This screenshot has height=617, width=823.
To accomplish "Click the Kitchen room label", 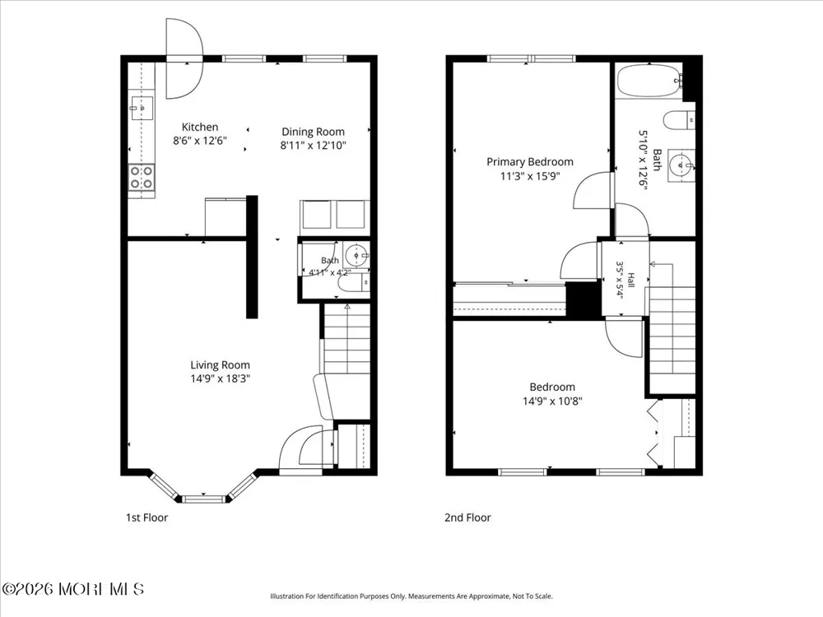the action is coord(199,127).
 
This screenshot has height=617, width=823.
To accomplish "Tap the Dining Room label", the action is coord(313,132).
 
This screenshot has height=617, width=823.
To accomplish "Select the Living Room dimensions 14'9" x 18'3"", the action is coord(220,378).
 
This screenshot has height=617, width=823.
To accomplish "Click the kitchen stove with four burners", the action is coord(142,178).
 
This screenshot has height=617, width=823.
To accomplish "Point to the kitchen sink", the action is coord(142,109).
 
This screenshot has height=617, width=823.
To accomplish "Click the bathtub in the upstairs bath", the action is coord(650,81).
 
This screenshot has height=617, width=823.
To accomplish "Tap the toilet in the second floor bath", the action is coord(679,120).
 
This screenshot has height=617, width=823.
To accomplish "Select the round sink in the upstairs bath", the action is coord(681,165).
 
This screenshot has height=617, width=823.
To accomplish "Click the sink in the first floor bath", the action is coord(358,256).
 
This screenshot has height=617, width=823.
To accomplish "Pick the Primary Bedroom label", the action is coord(529,161).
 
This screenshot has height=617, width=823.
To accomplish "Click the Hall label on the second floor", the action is coord(631,280).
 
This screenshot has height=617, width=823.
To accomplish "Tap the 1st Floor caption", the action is coord(146,517).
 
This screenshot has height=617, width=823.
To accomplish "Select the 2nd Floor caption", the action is coord(467,517).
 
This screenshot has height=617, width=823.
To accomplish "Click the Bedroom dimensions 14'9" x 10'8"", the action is coord(552,401).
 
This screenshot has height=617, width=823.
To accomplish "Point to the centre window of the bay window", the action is coord(204,499).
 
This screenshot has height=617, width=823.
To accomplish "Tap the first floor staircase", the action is coord(346,339).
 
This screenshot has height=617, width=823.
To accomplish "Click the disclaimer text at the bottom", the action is coord(411,596).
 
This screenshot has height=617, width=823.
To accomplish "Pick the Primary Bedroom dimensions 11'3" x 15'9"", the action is coord(529,176).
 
